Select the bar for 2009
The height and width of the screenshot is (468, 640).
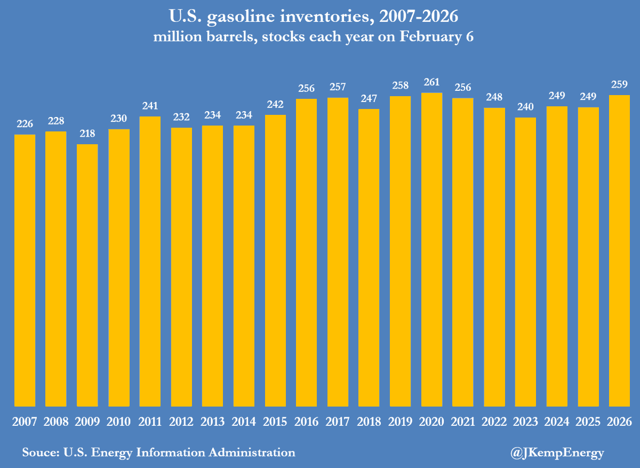pyautogui.click(x=87, y=275)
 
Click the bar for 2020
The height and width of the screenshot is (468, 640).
pyautogui.click(x=431, y=249)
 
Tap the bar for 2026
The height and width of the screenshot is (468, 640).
pyautogui.click(x=619, y=251)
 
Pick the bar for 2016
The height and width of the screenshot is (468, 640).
pyautogui.click(x=307, y=252)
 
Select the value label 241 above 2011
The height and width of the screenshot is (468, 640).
pyautogui.click(x=150, y=105)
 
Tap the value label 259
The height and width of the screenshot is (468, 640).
pyautogui.click(x=619, y=84)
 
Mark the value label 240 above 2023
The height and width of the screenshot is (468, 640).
pyautogui.click(x=525, y=106)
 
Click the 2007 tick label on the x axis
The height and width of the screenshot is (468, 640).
pyautogui.click(x=25, y=422)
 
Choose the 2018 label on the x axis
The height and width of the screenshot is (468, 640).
pyautogui.click(x=369, y=422)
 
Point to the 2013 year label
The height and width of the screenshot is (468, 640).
pyautogui.click(x=212, y=422)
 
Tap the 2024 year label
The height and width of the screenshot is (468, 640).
pyautogui.click(x=557, y=422)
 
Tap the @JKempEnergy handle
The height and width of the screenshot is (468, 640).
pyautogui.click(x=557, y=453)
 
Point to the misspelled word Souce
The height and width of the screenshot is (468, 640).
pyautogui.click(x=41, y=453)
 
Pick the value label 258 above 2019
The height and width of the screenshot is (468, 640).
pyautogui.click(x=400, y=85)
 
